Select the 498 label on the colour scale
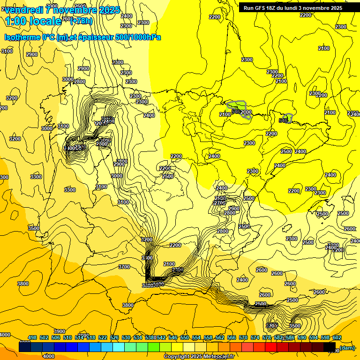tap(32, 338)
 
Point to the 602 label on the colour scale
tap(337, 338)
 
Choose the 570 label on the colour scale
tap(243, 338)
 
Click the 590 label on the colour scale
tap(302, 338)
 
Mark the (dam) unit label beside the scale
tap(347, 347)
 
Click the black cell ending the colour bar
tap(330, 347)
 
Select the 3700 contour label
tap(124, 267)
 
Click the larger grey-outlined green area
tap(239, 109)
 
